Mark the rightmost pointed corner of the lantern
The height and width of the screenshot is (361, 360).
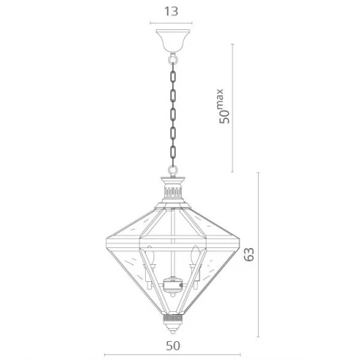(240, 229)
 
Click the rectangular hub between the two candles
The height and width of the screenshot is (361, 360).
(171, 285)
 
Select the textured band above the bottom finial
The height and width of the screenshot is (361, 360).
(172, 316)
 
